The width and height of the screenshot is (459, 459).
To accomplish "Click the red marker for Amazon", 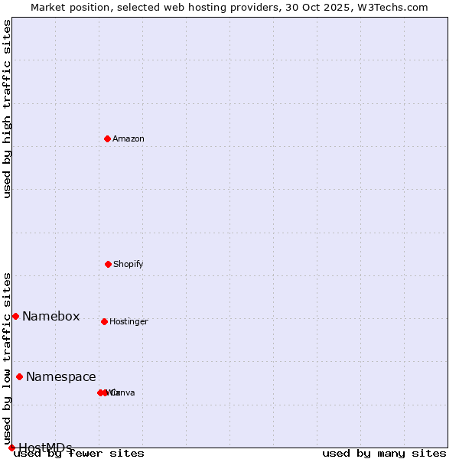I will [x=107, y=138].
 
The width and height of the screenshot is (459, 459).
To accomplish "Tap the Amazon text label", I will [x=129, y=139].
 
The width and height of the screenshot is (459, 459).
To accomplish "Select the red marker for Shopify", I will [x=108, y=264].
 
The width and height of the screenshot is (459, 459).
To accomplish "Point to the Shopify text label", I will [x=129, y=265].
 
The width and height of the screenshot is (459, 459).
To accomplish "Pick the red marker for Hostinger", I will [x=104, y=321].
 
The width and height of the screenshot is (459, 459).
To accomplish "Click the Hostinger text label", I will [x=129, y=322].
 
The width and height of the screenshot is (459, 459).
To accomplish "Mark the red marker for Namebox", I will [x=15, y=316].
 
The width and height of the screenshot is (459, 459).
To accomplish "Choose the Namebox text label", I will [x=50, y=317].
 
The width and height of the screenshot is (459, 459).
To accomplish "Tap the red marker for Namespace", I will [x=19, y=376].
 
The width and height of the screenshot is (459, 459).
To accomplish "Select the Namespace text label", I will [x=61, y=377].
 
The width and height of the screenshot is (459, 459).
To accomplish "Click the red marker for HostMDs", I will [x=11, y=448].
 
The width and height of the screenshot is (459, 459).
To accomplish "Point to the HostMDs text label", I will [x=46, y=448].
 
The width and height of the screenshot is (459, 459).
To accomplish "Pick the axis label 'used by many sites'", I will [x=384, y=454].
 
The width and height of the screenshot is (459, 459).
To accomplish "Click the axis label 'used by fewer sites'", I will [x=80, y=454].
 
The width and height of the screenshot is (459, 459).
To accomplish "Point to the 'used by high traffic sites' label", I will [x=8, y=109].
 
